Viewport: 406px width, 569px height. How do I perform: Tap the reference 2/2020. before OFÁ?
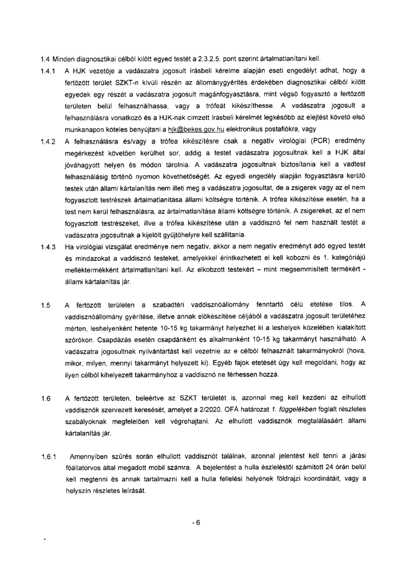[x=211, y=409]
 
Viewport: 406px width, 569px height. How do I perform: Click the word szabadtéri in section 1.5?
[x=169, y=305]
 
